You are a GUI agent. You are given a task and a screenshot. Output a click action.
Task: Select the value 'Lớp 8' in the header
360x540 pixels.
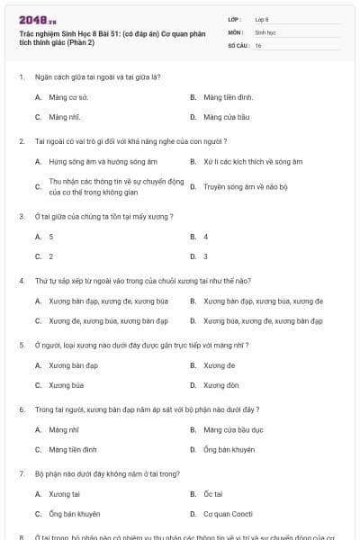[262, 18]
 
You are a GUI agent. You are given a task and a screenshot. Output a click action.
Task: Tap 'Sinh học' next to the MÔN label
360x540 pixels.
[265, 31]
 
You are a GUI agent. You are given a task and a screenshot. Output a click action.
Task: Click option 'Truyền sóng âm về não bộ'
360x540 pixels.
[245, 186]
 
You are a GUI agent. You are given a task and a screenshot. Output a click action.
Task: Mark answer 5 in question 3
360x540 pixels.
[51, 236]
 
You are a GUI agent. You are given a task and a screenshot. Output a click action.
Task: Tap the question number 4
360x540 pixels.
[21, 281]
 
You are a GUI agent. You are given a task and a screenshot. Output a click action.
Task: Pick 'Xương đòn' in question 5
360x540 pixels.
[220, 385]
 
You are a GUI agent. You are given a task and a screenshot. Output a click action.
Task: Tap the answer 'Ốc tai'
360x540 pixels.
[213, 494]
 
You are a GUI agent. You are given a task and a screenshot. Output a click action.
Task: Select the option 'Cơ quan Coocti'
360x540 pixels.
[228, 514]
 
